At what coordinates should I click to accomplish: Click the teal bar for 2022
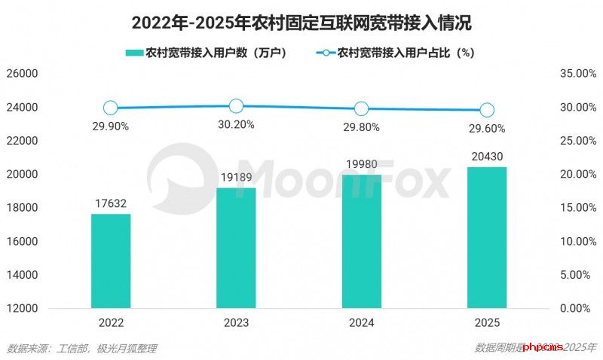click(x=111, y=261)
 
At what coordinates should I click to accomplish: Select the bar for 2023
click(x=236, y=248)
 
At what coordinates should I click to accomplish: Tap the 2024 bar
click(x=362, y=241)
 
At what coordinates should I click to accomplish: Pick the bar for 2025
click(x=487, y=237)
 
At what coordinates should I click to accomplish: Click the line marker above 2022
click(x=111, y=108)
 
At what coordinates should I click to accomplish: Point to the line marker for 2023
click(x=236, y=106)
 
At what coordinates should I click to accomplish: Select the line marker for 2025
click(x=487, y=110)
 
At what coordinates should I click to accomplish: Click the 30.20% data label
click(x=236, y=125)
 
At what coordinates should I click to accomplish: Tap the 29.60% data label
click(x=487, y=129)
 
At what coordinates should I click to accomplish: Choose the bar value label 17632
click(x=111, y=203)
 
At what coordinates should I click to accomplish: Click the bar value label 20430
click(x=487, y=156)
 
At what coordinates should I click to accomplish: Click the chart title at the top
click(x=301, y=23)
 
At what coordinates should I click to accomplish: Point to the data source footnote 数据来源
click(x=82, y=348)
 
